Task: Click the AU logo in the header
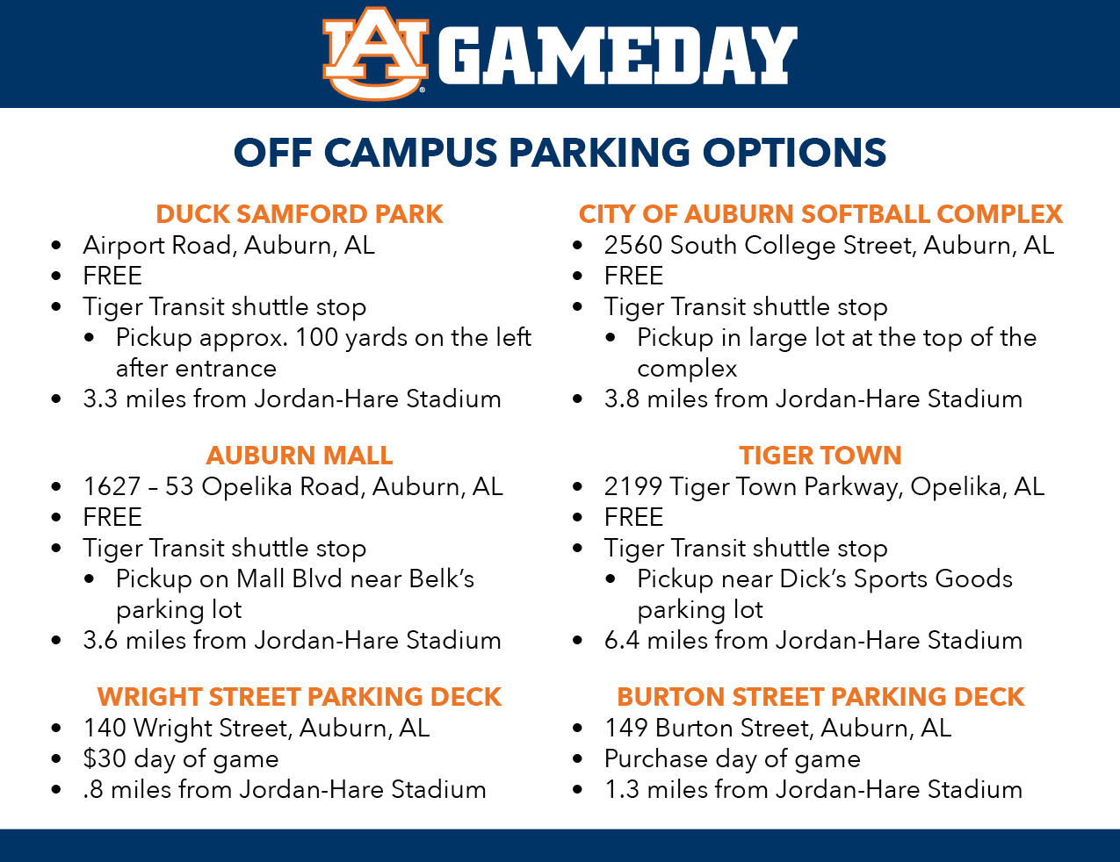375,53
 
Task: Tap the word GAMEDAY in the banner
618,55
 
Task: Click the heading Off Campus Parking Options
560,153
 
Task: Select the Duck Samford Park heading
300,214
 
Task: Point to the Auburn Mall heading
300,456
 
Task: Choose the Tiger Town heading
820,456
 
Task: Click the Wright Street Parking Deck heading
300,697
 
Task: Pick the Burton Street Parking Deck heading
820,697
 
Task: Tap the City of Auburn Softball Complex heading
820,214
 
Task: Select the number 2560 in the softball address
632,245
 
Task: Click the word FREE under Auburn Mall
112,517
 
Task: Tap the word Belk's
442,578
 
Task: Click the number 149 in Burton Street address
625,728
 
